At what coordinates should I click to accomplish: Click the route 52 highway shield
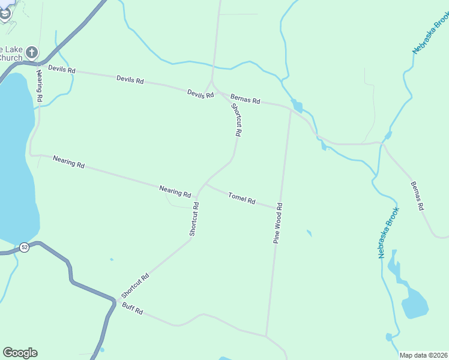[x=24, y=247]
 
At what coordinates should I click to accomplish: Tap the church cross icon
[x=32, y=52]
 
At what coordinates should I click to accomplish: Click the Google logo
[x=20, y=352]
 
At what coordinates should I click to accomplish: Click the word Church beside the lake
[x=11, y=58]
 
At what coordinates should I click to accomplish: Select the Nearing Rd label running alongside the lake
[x=39, y=85]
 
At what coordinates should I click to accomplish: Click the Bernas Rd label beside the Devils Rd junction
[x=245, y=98]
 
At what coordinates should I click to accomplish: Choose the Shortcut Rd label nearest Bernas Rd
[x=237, y=120]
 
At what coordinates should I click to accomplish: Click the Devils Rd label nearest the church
[x=62, y=70]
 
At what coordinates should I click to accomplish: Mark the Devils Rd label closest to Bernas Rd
[x=200, y=94]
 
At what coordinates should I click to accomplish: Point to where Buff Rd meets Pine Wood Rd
[x=267, y=336]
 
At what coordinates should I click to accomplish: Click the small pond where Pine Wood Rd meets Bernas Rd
[x=297, y=107]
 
